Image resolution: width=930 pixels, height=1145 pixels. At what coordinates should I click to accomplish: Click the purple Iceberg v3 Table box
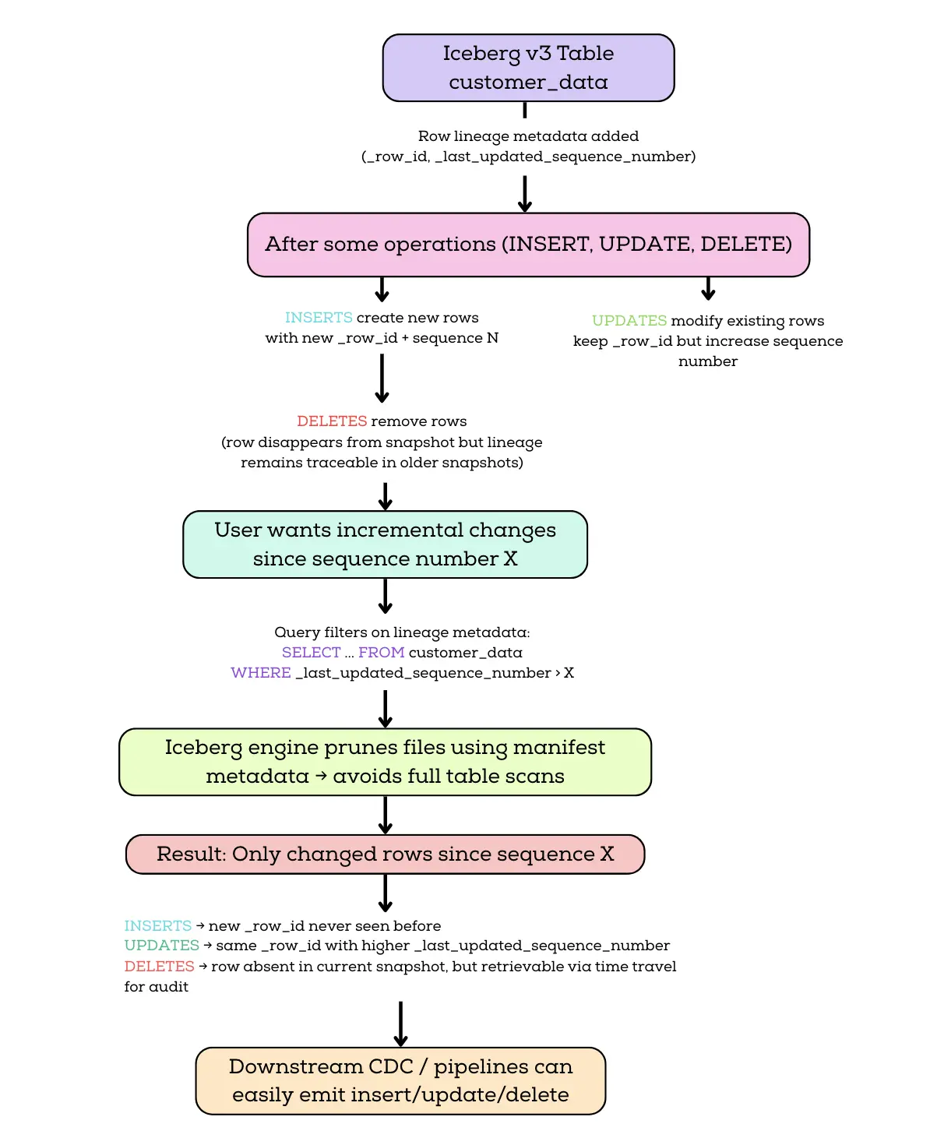click(x=528, y=68)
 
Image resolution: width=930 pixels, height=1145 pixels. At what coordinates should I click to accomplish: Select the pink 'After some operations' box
click(x=528, y=245)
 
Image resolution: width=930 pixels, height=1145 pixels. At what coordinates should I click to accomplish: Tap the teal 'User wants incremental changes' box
click(x=385, y=544)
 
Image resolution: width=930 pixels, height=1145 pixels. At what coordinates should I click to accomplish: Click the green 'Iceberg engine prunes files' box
click(x=385, y=762)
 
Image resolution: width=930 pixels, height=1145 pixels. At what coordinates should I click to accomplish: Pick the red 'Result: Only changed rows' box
click(x=385, y=854)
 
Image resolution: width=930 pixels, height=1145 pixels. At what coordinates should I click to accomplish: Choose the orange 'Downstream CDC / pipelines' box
click(x=400, y=1080)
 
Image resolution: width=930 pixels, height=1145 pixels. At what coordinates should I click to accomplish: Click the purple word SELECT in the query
click(x=312, y=652)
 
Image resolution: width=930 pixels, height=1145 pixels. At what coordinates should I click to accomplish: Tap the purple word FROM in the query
click(x=381, y=652)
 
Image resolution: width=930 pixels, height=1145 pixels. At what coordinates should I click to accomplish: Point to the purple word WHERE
click(x=261, y=672)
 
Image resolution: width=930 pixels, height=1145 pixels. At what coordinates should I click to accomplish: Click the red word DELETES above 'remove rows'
click(x=332, y=421)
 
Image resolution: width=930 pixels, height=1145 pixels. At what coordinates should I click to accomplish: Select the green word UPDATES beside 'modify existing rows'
click(x=629, y=320)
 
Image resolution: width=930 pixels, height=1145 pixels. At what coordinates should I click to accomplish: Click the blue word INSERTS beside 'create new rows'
click(x=319, y=317)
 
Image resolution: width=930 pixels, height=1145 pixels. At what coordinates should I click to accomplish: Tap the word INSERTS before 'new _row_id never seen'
click(x=157, y=925)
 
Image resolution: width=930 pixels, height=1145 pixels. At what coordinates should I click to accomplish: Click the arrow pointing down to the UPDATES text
click(x=708, y=289)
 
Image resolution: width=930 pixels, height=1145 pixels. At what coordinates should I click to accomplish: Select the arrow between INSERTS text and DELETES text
click(x=382, y=378)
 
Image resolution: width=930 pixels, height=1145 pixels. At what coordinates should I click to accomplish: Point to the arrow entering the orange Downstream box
click(x=400, y=1024)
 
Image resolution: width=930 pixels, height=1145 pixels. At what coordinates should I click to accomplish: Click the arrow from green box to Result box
click(x=385, y=815)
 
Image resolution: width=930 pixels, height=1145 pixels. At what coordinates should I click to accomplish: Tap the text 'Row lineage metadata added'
click(x=528, y=136)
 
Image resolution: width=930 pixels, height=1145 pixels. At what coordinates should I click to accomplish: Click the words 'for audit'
click(x=156, y=986)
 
